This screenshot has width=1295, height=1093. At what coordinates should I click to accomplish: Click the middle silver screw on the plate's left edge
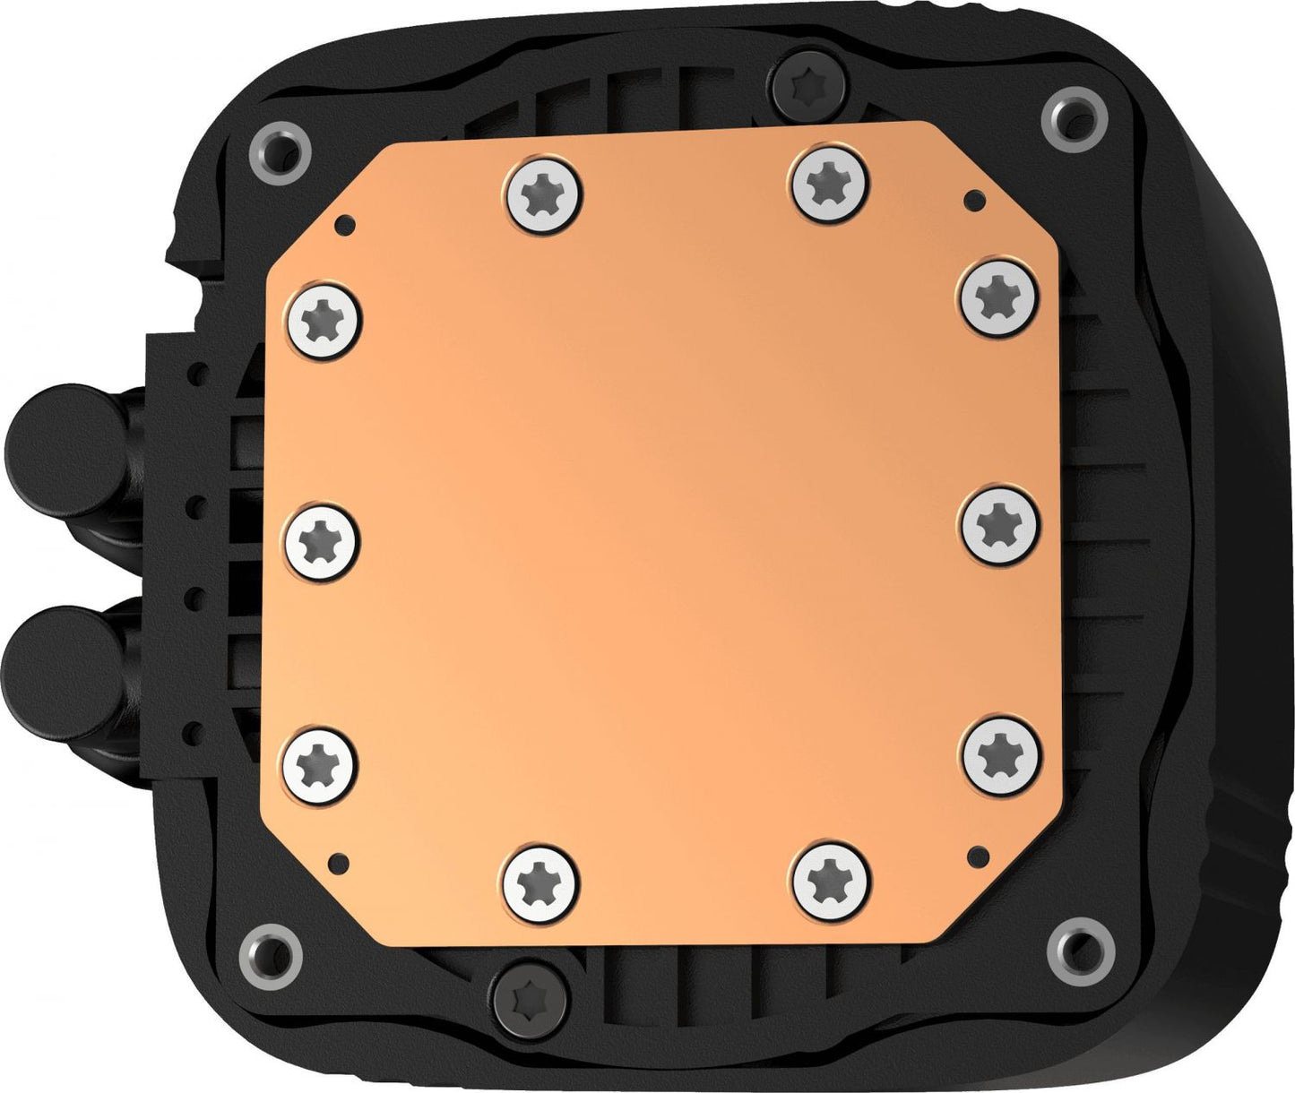320,539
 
